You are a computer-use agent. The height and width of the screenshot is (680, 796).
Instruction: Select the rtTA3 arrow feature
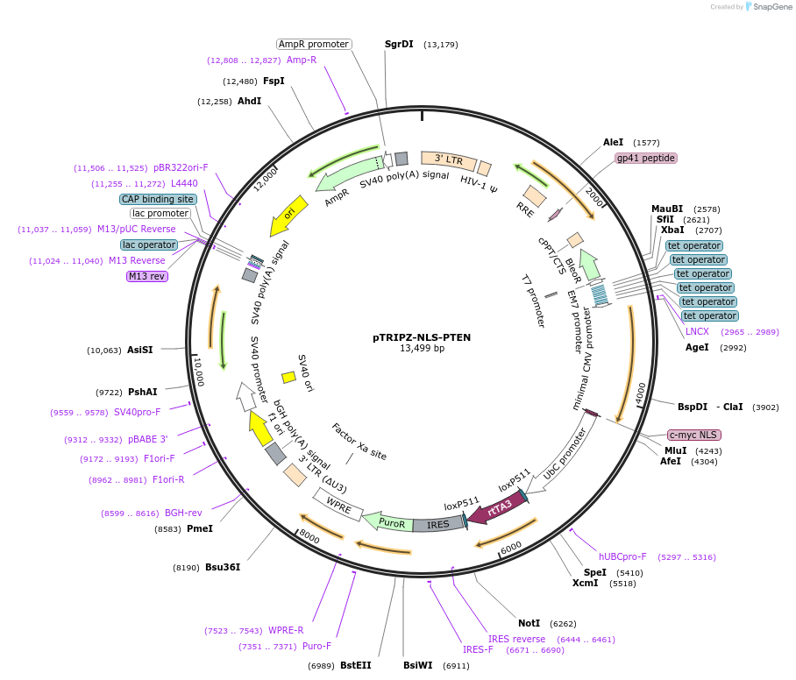point(496,509)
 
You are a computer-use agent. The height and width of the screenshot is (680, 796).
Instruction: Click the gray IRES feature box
point(437,524)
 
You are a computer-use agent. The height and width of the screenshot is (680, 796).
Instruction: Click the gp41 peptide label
point(646,158)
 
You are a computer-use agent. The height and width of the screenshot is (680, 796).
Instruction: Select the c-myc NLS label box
point(693,435)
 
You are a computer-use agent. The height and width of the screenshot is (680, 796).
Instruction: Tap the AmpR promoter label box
point(313,44)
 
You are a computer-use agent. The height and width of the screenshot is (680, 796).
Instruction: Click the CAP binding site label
point(158,199)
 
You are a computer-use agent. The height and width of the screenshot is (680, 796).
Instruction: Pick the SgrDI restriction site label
point(399,44)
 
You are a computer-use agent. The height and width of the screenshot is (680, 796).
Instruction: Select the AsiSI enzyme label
point(140,350)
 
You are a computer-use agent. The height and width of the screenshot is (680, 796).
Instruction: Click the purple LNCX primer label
point(697,331)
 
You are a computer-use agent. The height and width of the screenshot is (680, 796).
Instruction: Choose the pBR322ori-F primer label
point(175,167)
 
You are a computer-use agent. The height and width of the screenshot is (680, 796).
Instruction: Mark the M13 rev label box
point(146,276)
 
